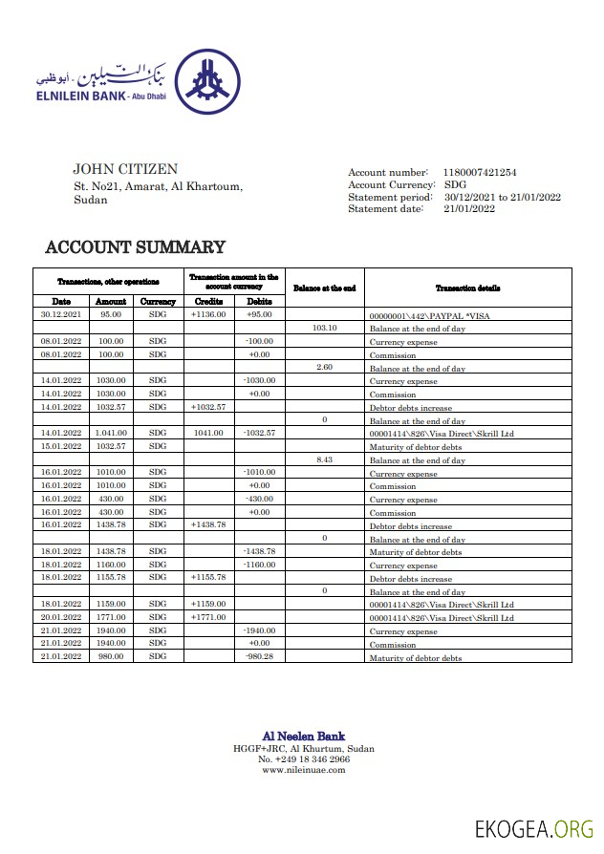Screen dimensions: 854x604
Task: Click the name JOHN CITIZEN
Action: point(125,170)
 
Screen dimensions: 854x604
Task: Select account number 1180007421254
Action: point(480,172)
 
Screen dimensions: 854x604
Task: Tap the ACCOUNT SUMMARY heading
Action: point(136,247)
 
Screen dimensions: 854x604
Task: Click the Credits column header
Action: point(209,301)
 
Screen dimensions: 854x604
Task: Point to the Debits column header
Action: point(259,301)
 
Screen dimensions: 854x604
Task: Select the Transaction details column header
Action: point(467,288)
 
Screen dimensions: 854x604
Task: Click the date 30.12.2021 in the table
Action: point(61,314)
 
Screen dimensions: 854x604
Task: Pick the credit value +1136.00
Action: point(208,314)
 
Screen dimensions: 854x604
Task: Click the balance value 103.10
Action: point(325,328)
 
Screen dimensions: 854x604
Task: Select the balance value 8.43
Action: point(325,459)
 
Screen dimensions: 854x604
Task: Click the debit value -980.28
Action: point(259,657)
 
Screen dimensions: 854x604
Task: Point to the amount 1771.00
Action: point(111,618)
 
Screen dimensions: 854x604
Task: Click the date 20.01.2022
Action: point(61,618)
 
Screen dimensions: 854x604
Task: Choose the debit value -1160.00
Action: point(259,565)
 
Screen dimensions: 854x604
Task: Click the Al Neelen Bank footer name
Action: point(303,736)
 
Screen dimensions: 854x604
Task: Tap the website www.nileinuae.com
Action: point(303,770)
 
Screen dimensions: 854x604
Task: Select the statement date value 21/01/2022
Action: point(469,208)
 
